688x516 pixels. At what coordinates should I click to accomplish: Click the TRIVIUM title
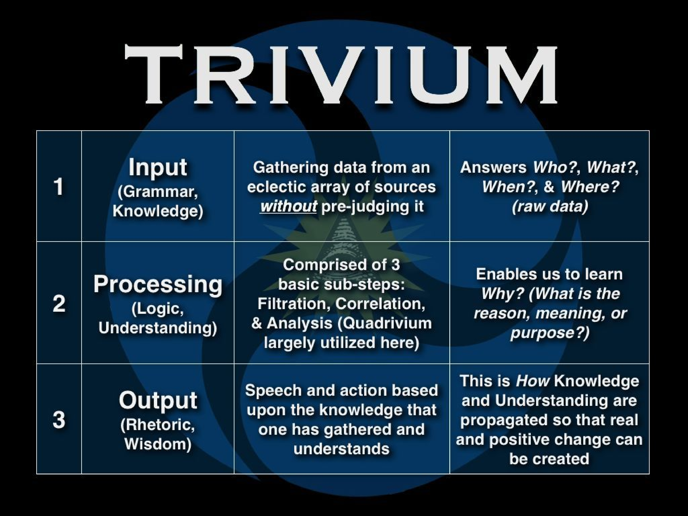tap(341, 75)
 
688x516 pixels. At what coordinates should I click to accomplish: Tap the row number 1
tap(59, 187)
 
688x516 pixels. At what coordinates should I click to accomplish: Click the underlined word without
tap(289, 206)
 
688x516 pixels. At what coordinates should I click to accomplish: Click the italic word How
tap(532, 381)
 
